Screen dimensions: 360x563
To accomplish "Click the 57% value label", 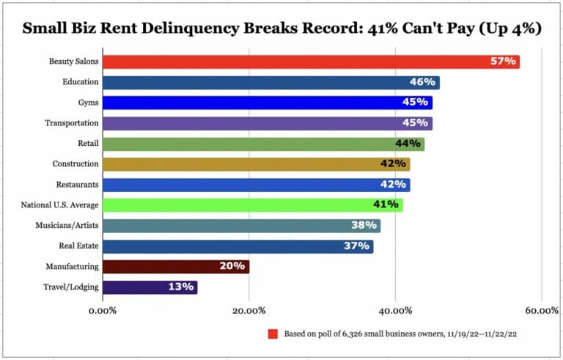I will (x=504, y=62).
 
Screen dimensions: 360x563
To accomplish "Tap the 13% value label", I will (x=180, y=287).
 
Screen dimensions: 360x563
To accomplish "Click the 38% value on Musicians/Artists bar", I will (x=364, y=225).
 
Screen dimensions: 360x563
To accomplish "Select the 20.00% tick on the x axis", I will (x=249, y=311).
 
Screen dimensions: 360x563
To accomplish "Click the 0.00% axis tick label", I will (x=102, y=311).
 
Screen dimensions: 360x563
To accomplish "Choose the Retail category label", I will (x=88, y=144).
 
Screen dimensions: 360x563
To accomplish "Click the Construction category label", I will (x=76, y=164).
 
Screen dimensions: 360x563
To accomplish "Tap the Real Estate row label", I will (x=78, y=246).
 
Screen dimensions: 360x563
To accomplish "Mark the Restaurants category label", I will (x=78, y=184).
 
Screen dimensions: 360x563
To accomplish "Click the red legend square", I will (x=272, y=334).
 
